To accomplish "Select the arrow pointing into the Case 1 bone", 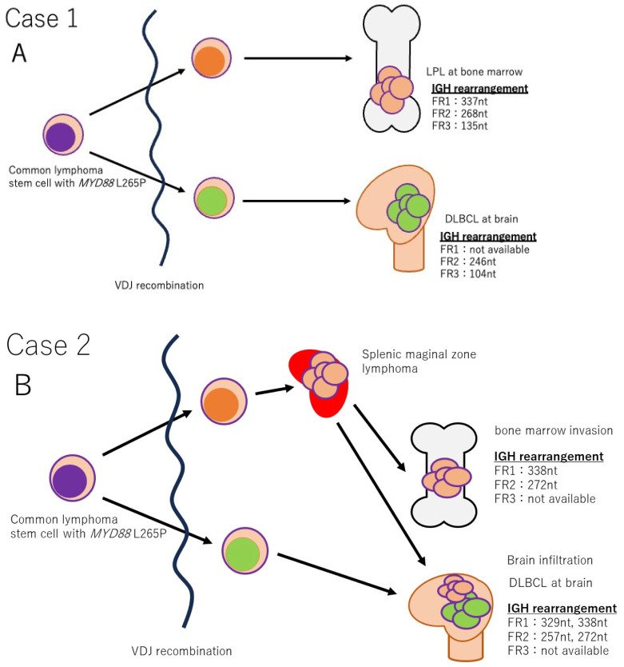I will pyautogui.click(x=296, y=58).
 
